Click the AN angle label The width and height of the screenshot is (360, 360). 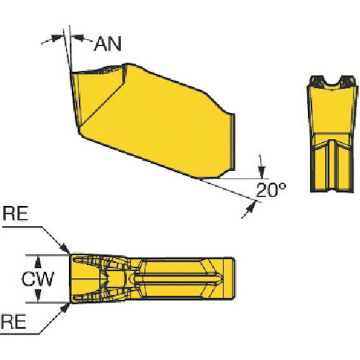coord(107,44)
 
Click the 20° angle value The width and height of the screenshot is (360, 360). coord(271,190)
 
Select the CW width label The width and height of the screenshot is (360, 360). coord(38,279)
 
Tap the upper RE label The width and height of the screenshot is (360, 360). coord(15,214)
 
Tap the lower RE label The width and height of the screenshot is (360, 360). coord(14,322)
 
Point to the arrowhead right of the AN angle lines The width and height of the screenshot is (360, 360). coord(78,37)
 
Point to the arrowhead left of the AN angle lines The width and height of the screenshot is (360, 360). coord(58,38)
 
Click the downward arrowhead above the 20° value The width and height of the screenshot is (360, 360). coord(261,172)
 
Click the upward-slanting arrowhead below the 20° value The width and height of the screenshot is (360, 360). coord(251,207)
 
